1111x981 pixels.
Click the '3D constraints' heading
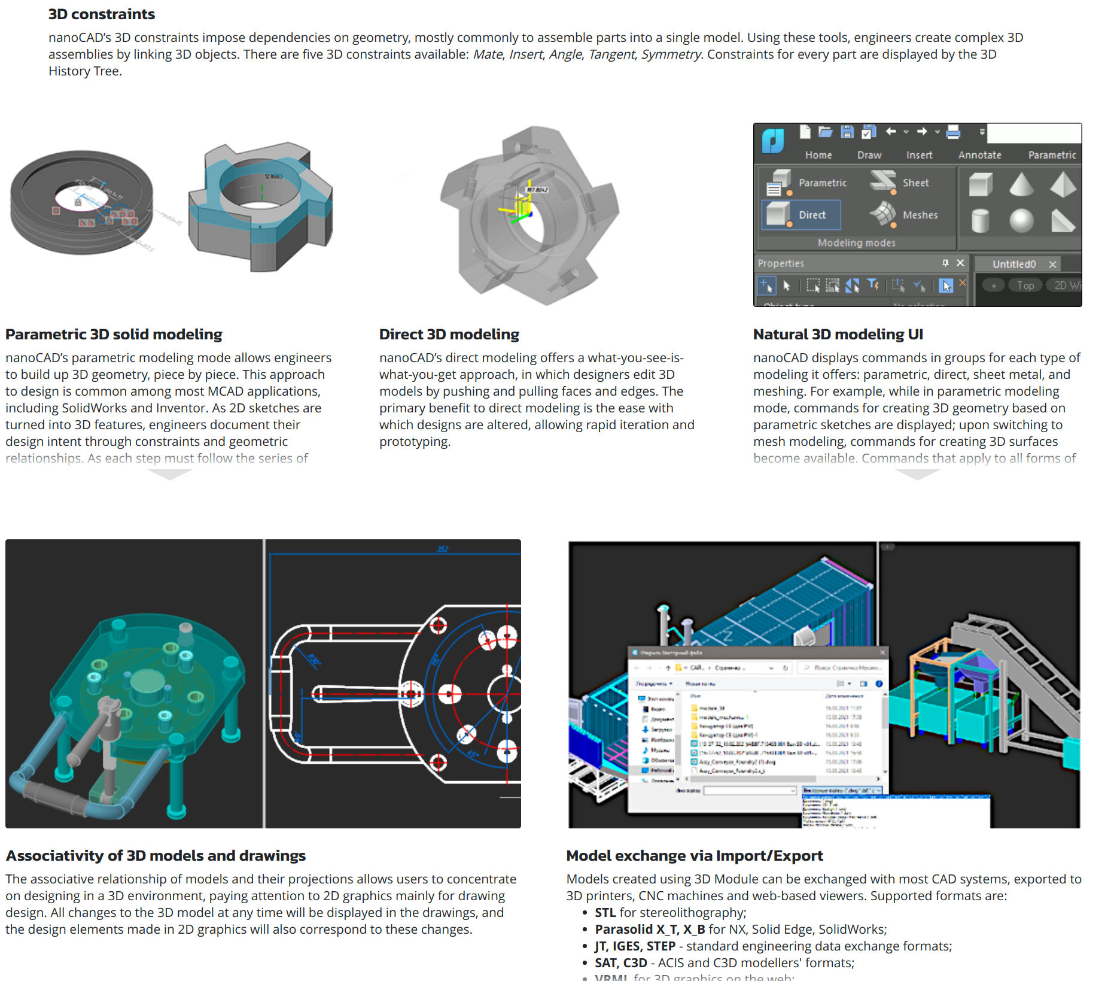tap(101, 14)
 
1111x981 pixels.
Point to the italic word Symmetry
tap(671, 54)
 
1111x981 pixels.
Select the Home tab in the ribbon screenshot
tap(818, 155)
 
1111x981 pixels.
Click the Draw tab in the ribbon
tap(869, 155)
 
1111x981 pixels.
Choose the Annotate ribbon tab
tap(979, 155)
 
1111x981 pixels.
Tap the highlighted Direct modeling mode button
tap(801, 215)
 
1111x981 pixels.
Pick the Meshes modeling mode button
tap(904, 214)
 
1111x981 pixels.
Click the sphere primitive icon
tap(1021, 220)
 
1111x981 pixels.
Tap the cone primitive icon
tap(1021, 184)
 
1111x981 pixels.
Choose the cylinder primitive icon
tap(980, 220)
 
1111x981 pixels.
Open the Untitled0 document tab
tap(1013, 264)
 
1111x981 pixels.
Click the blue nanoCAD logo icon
tap(773, 141)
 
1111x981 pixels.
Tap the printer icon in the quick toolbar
tap(953, 132)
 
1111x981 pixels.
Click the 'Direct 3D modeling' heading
tap(449, 335)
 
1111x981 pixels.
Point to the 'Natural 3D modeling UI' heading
tap(838, 335)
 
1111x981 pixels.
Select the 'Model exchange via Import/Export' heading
tap(694, 856)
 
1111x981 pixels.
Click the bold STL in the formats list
tap(605, 913)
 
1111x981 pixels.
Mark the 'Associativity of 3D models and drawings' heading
tap(156, 856)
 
